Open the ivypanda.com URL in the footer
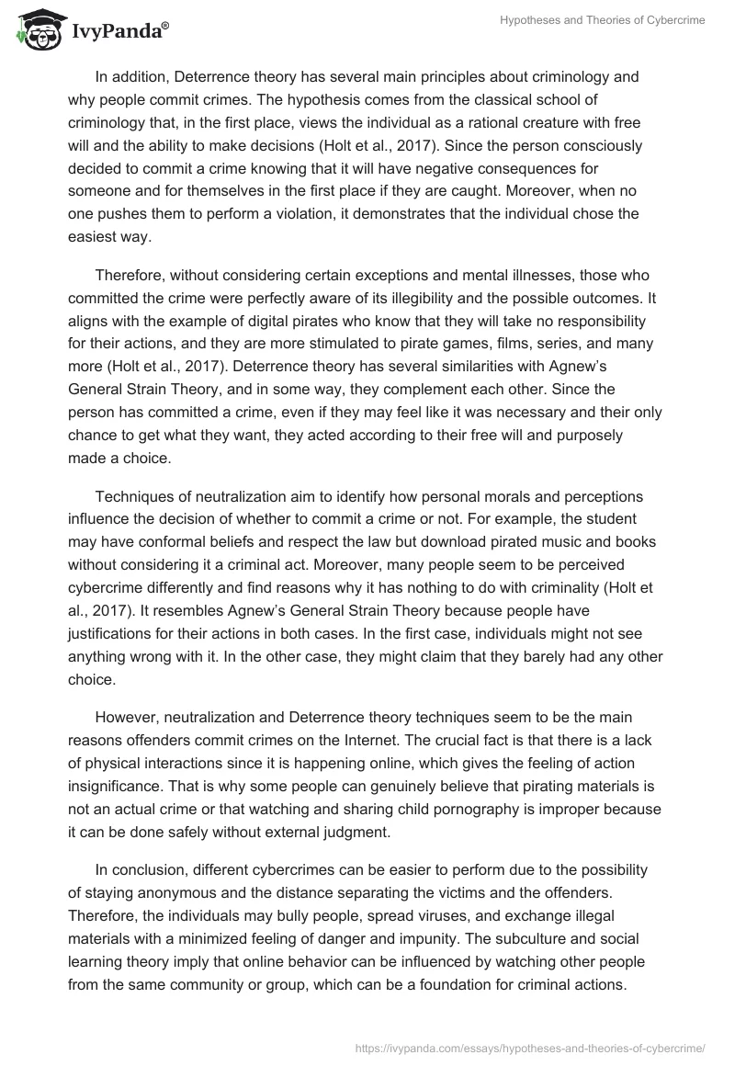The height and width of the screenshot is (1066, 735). [529, 1047]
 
